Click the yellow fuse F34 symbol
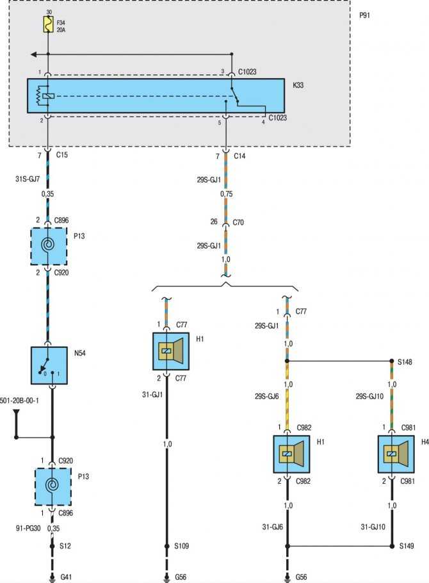[x=48, y=24]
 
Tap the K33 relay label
[x=298, y=85]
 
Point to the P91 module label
[x=364, y=15]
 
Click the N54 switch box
[x=49, y=365]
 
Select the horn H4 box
[x=396, y=454]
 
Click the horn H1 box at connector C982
[x=292, y=454]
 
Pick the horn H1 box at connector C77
[x=171, y=351]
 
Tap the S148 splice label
[x=405, y=362]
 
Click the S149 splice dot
[x=392, y=546]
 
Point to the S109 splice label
[x=182, y=546]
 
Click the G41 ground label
[x=66, y=577]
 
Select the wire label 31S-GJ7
[x=28, y=179]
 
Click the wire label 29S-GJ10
[x=369, y=397]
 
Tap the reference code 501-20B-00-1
[x=19, y=400]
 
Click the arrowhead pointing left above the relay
[x=34, y=54]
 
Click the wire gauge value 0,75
[x=227, y=193]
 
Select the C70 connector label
[x=238, y=222]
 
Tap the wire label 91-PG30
[x=28, y=528]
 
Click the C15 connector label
[x=61, y=154]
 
